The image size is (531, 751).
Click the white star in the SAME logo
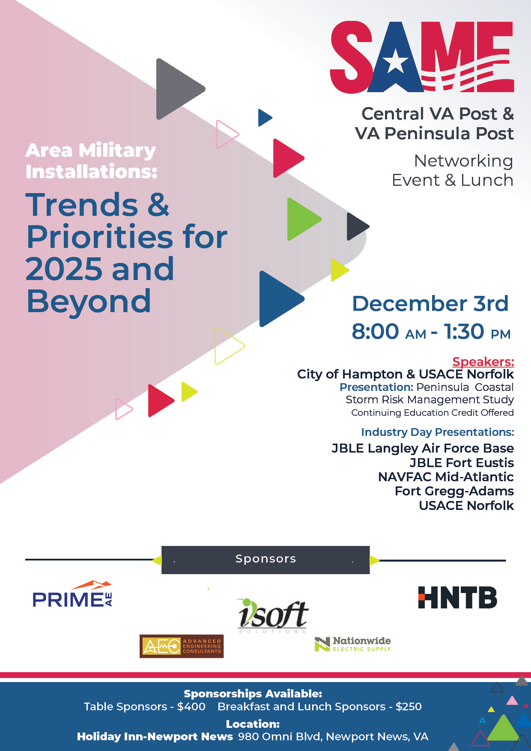pos(395,61)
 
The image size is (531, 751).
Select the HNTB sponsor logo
pos(457,597)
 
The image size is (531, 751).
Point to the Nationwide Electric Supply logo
pos(353,644)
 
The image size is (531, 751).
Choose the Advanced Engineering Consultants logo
pos(182,646)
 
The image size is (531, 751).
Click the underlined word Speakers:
pos(483,362)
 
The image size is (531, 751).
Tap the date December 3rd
pos(430,304)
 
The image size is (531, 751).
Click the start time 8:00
pos(375,331)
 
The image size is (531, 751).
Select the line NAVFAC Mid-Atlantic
pos(446,477)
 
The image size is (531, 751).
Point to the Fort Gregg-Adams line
pos(454,491)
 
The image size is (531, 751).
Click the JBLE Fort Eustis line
pos(462,462)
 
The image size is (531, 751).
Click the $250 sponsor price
pos(409,706)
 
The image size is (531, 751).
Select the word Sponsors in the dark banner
pos(265,559)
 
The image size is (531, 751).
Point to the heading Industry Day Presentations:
pos(438,432)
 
